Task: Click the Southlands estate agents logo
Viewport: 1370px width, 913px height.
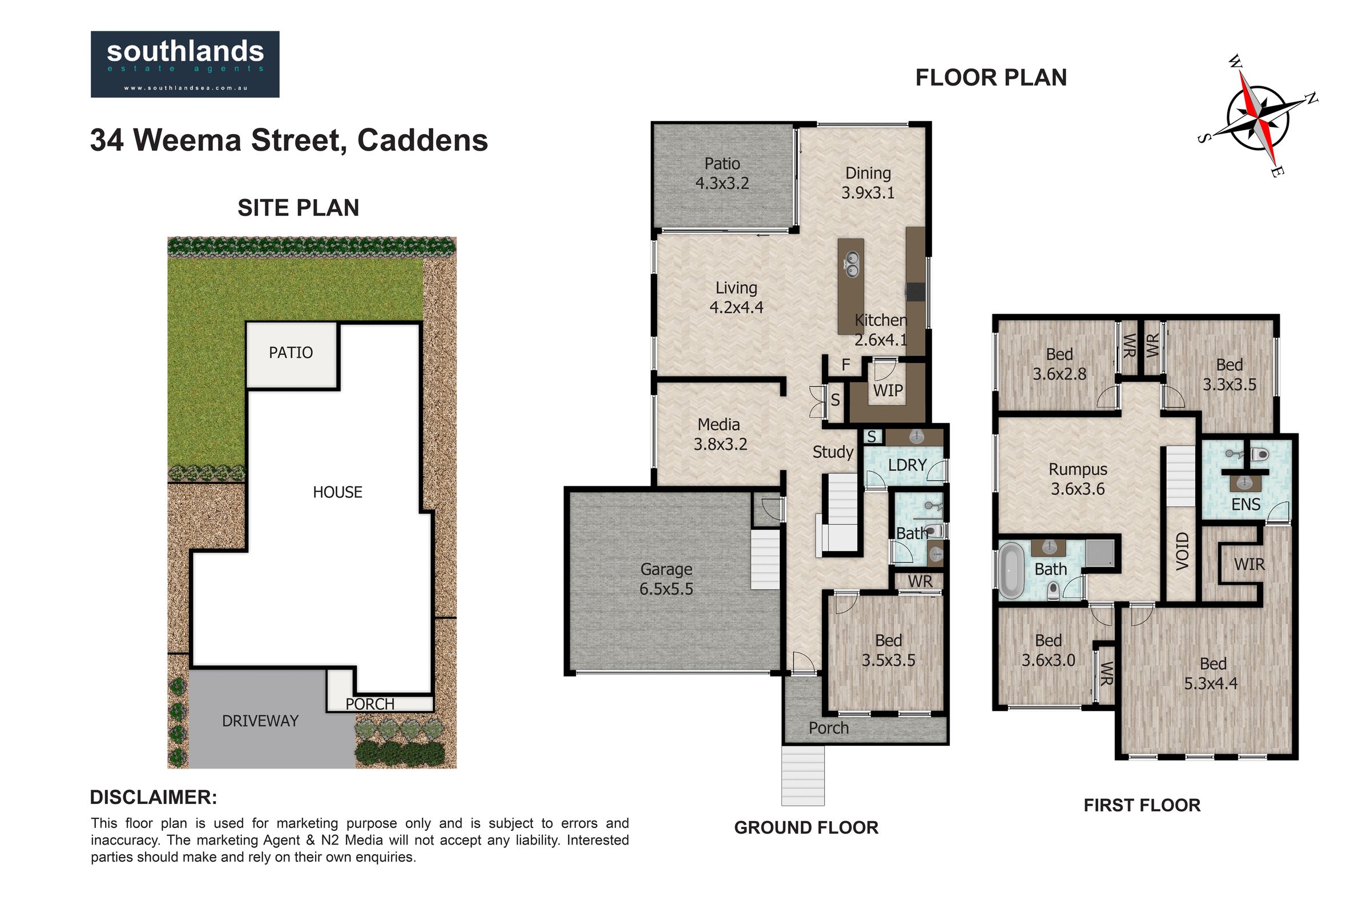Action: [x=184, y=64]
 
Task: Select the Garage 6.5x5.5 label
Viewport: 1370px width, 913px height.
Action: [x=666, y=579]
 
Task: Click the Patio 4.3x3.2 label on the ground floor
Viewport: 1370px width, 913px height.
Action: [x=722, y=173]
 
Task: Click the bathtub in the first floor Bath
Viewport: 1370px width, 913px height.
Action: [x=1011, y=571]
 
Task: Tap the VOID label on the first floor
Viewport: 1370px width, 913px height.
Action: [x=1182, y=551]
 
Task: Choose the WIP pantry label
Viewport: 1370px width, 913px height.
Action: [x=888, y=390]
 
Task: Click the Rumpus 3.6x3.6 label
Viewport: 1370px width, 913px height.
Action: [x=1078, y=479]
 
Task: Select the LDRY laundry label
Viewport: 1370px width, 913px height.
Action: [x=907, y=464]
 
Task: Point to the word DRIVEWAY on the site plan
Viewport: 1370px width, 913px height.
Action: [x=260, y=721]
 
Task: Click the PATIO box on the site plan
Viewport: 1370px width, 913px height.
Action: [x=292, y=355]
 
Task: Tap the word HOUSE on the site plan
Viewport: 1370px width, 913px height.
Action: [x=337, y=492]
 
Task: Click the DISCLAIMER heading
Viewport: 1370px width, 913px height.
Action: [x=154, y=797]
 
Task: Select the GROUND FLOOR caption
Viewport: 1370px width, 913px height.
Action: [x=806, y=827]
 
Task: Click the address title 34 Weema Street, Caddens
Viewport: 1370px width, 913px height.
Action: [x=289, y=140]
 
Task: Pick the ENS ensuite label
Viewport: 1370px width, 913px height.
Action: [x=1246, y=504]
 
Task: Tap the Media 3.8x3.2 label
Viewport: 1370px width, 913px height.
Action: [x=720, y=434]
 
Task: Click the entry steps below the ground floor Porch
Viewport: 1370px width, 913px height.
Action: [x=803, y=775]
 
